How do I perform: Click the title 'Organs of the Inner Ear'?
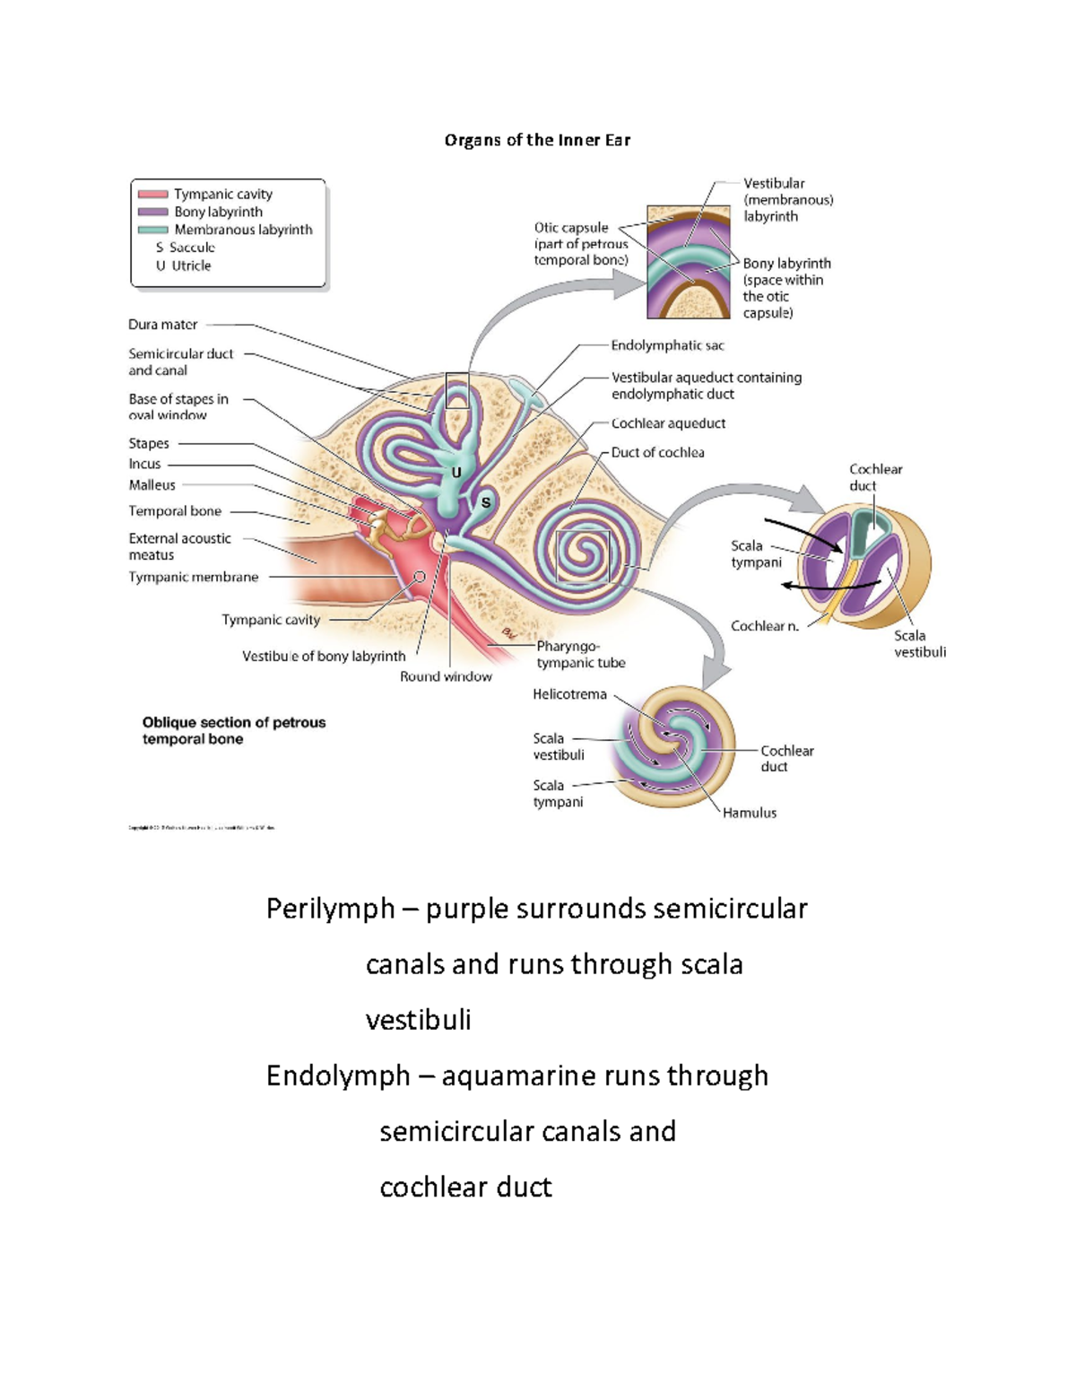coord(537,140)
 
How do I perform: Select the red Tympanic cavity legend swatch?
coord(153,194)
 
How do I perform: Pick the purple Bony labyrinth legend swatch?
coord(153,212)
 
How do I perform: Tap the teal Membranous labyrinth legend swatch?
coord(153,230)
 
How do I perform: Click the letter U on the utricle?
coord(456,473)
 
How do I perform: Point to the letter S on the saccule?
coord(486,502)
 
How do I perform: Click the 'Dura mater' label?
coord(162,325)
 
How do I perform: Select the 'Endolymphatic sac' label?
coord(667,345)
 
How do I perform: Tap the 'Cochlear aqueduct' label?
coord(668,423)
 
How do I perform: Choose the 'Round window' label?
coord(446,676)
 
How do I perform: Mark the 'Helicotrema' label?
coord(569,694)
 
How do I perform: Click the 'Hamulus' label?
coord(750,813)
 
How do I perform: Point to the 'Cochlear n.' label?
coord(764,626)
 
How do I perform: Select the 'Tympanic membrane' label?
coord(193,577)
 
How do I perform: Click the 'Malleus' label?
coord(152,485)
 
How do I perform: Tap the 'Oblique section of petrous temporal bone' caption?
coord(233,730)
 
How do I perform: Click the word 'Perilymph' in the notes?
coord(330,909)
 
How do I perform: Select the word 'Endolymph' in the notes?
coord(338,1075)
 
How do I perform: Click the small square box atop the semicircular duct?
coord(457,390)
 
